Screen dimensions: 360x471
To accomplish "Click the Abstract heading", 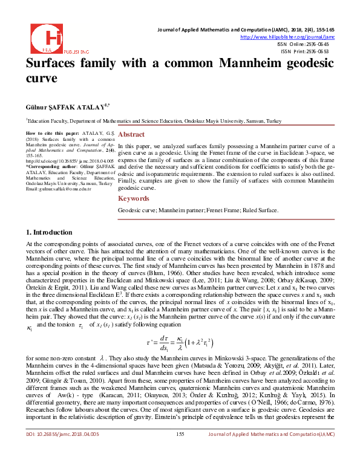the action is click(x=131, y=134).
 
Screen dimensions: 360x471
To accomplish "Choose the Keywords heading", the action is click(x=133, y=198).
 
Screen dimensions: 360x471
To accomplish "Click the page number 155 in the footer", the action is click(x=180, y=450).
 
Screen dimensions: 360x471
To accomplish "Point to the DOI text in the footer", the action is click(x=60, y=450).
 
